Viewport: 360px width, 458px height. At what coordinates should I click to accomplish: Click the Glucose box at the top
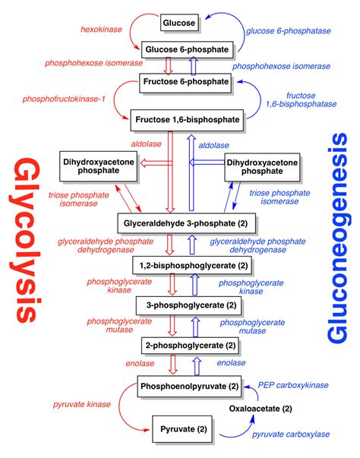[x=179, y=23]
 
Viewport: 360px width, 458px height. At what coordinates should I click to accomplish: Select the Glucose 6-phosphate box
[x=187, y=49]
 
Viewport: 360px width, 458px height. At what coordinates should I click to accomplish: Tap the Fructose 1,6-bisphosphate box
[x=187, y=120]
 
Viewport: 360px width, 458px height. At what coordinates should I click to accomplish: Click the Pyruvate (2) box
[x=182, y=429]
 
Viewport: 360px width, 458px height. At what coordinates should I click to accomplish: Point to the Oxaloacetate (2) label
[x=261, y=409]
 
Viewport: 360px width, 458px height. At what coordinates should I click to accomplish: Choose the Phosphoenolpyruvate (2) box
[x=189, y=386]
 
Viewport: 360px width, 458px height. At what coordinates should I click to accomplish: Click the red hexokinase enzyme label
[x=101, y=29]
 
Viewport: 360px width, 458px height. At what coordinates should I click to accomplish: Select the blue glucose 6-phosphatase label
[x=289, y=31]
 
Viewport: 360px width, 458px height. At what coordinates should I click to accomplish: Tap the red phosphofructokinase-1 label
[x=64, y=99]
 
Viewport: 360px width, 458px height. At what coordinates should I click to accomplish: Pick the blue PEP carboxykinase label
[x=293, y=385]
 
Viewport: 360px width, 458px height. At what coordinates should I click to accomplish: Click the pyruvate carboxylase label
[x=291, y=434]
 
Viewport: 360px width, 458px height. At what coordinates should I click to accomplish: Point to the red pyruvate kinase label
[x=82, y=404]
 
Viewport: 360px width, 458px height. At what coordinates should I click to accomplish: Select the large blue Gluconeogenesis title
[x=336, y=238]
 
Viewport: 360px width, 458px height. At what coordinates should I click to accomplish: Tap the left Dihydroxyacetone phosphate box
[x=99, y=166]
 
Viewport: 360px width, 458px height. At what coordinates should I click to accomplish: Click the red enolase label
[x=140, y=363]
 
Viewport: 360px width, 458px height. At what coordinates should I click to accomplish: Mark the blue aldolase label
[x=213, y=145]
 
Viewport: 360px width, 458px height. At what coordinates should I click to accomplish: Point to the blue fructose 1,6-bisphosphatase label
[x=301, y=99]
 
